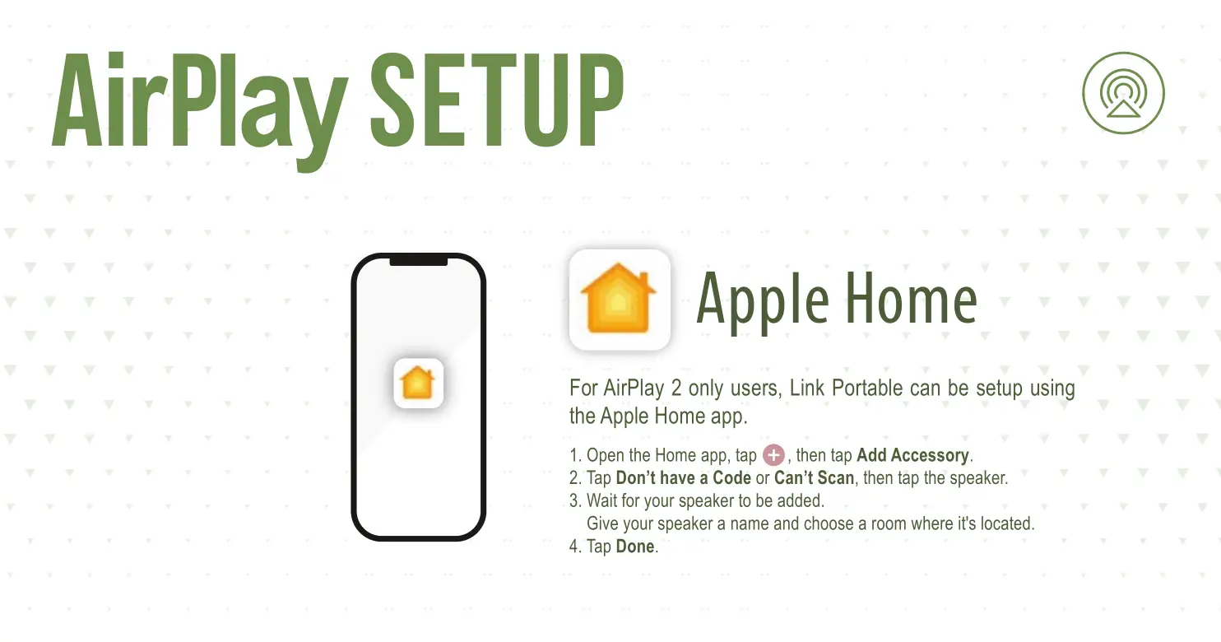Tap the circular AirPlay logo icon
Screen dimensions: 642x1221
pyautogui.click(x=1123, y=93)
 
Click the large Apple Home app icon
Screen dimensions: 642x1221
pyautogui.click(x=620, y=300)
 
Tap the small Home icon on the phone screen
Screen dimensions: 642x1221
pyautogui.click(x=418, y=383)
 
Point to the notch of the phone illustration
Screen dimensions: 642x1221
pyautogui.click(x=419, y=260)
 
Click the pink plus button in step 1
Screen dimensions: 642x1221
pyautogui.click(x=773, y=455)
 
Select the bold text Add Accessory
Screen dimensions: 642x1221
pyautogui.click(x=912, y=455)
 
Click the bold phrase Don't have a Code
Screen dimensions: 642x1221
pyautogui.click(x=683, y=477)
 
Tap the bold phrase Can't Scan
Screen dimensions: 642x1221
pyautogui.click(x=814, y=477)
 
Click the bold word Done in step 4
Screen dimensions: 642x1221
pyautogui.click(x=634, y=547)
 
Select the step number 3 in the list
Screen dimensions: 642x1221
pyautogui.click(x=574, y=500)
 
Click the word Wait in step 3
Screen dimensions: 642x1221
pyautogui.click(x=601, y=500)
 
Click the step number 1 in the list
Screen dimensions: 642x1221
pyautogui.click(x=574, y=455)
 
